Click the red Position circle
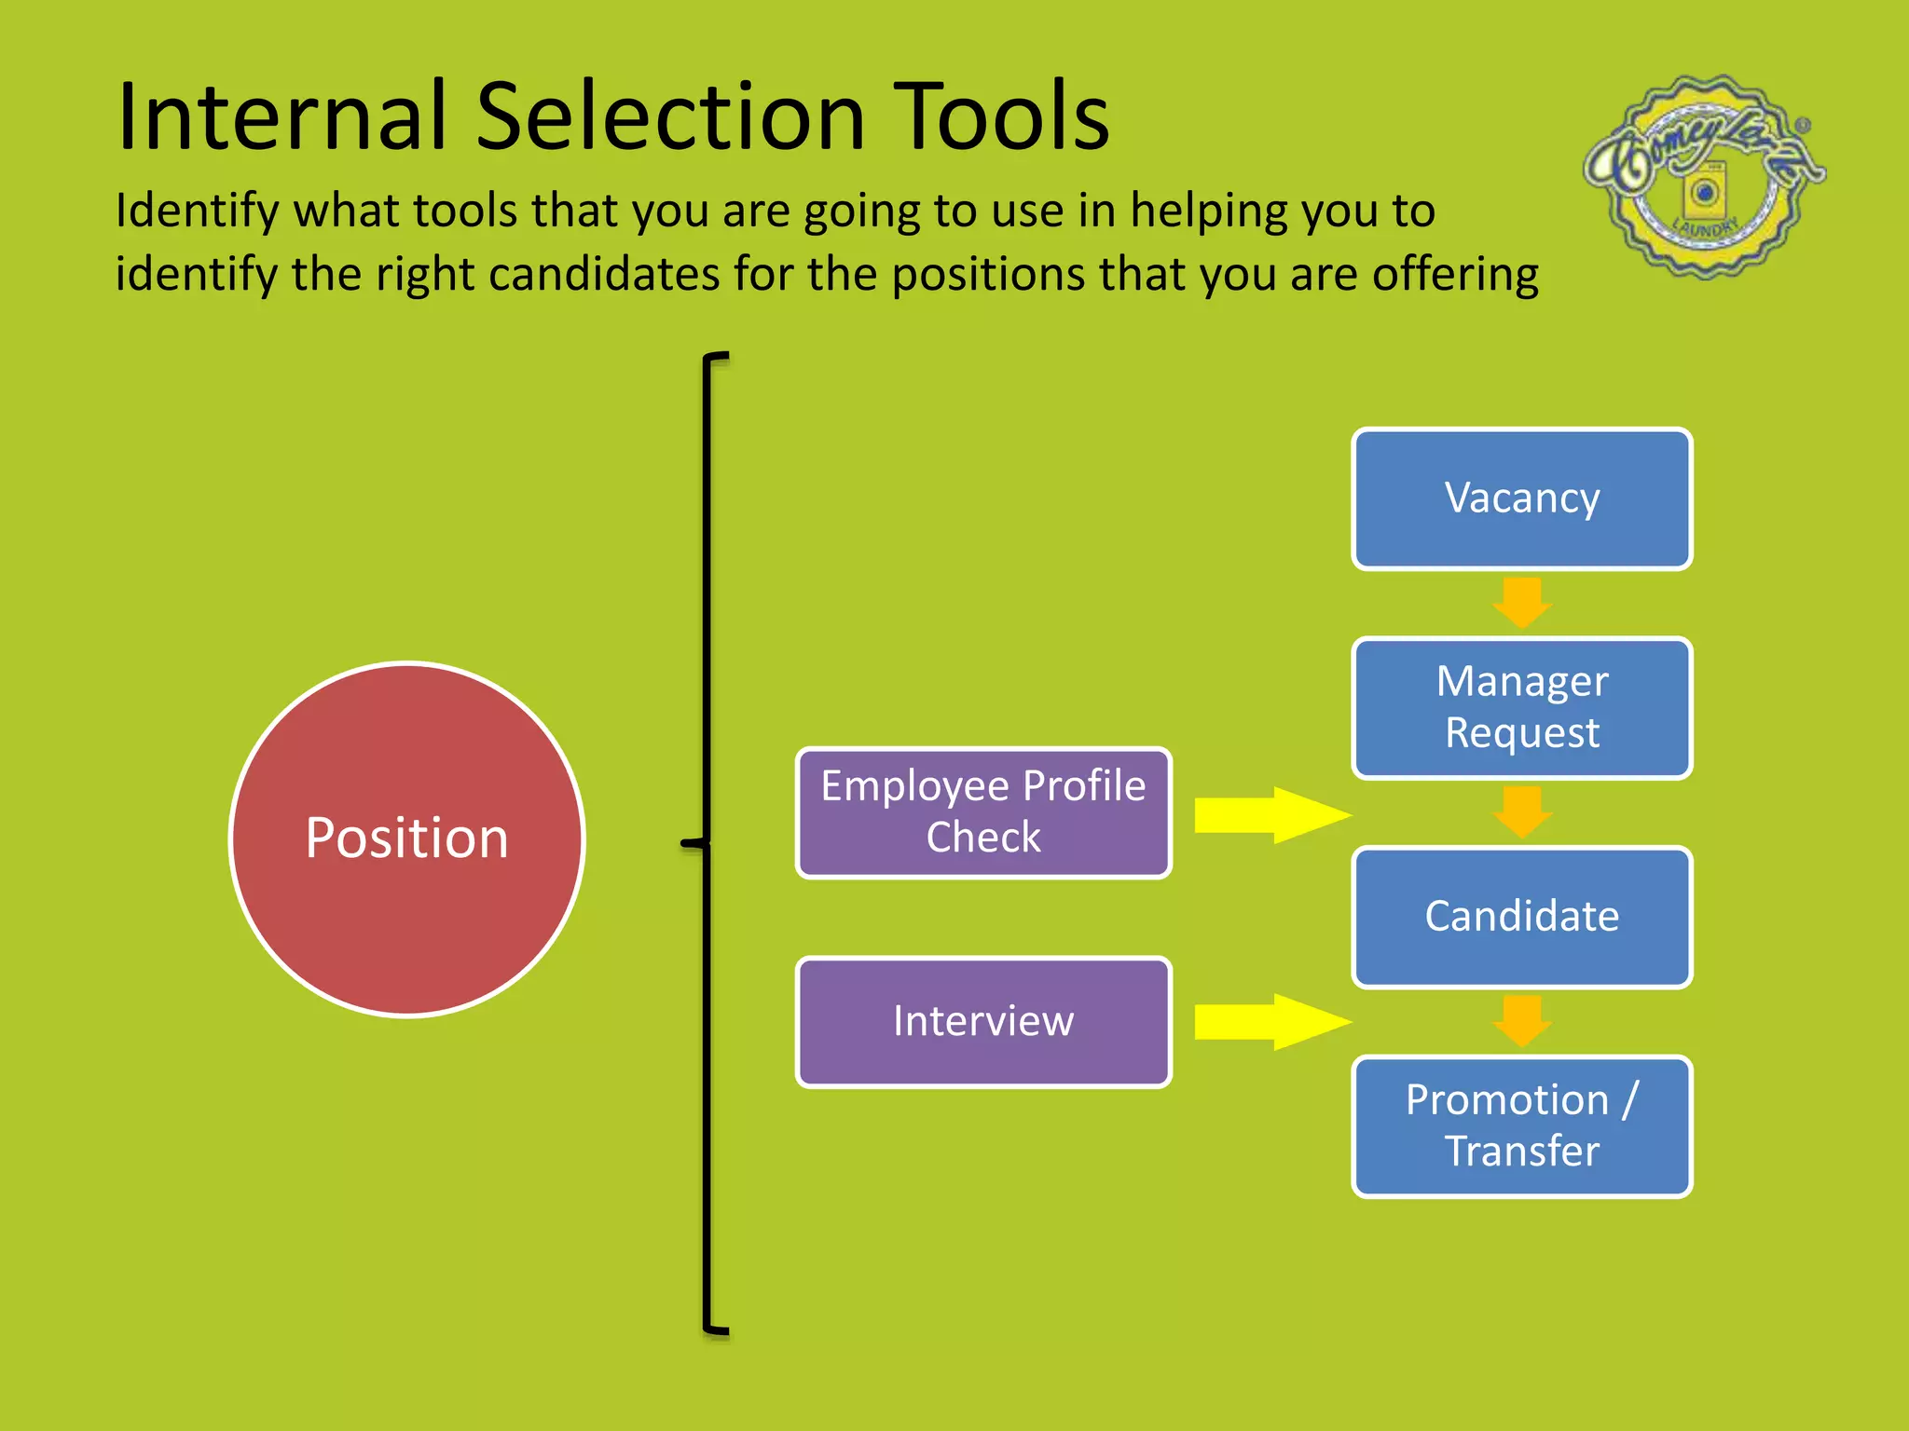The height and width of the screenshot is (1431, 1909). click(406, 838)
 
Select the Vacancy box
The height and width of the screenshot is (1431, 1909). click(1521, 498)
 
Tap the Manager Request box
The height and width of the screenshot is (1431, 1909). click(1521, 708)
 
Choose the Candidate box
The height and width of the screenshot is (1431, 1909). click(1521, 917)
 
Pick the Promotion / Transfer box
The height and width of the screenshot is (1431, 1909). click(1521, 1125)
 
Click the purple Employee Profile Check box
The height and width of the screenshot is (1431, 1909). click(983, 812)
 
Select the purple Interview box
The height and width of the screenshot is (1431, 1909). click(983, 1022)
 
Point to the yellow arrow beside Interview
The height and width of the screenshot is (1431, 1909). click(1272, 1022)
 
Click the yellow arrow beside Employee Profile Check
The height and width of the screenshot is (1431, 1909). click(1272, 815)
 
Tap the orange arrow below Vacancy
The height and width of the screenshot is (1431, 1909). click(1522, 603)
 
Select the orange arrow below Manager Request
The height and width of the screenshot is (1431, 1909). click(1522, 811)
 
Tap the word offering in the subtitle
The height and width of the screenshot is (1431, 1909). click(1455, 275)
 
